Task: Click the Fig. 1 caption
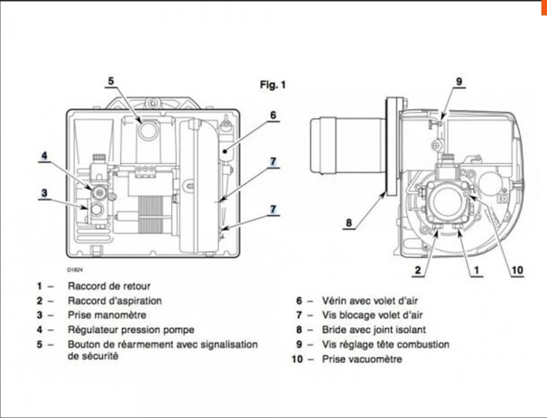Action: (x=273, y=85)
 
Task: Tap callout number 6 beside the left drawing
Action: (x=273, y=115)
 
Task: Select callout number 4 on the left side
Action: (x=44, y=156)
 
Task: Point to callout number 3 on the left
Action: (x=44, y=192)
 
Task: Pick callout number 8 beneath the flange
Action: (x=348, y=223)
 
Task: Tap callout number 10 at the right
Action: (x=517, y=270)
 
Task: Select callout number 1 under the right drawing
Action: (x=476, y=270)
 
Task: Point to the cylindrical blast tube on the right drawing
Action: (x=346, y=145)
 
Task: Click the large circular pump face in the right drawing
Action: (x=447, y=199)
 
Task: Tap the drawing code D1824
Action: (x=74, y=269)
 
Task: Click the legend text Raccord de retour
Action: (x=109, y=286)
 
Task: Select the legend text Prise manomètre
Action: (x=107, y=315)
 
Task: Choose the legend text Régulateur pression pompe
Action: (x=131, y=330)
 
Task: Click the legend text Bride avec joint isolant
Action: (x=374, y=330)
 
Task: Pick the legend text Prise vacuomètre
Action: (x=361, y=359)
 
